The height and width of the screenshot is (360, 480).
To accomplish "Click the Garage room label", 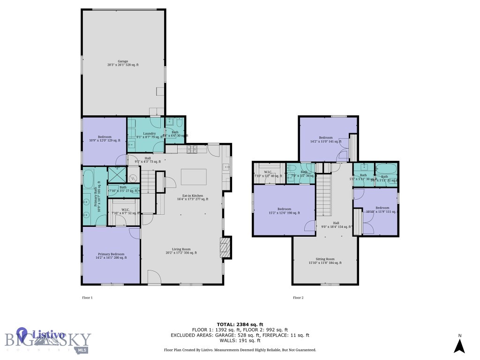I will [123, 63].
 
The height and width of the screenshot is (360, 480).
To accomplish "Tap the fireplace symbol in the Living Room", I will [225, 247].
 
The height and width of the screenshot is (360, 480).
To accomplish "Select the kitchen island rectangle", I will [194, 177].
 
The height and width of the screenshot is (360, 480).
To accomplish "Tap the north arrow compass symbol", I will [460, 345].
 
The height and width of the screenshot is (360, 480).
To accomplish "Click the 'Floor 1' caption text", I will [88, 298].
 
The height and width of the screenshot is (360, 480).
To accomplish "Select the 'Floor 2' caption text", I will [298, 298].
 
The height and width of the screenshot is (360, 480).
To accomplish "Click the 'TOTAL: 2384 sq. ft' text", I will [240, 324].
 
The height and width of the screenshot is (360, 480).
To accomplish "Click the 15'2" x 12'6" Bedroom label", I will [284, 211].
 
